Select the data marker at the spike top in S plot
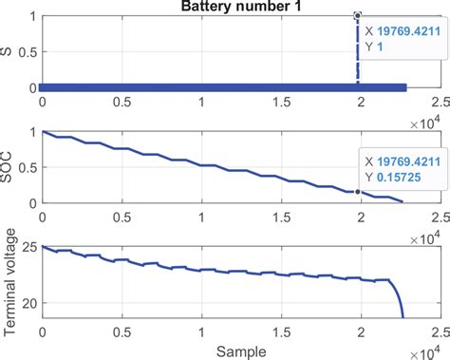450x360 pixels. click(x=357, y=15)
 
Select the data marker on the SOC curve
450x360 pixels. click(x=357, y=191)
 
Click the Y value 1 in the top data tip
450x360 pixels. click(x=376, y=45)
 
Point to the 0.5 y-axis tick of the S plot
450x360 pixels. click(x=28, y=52)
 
